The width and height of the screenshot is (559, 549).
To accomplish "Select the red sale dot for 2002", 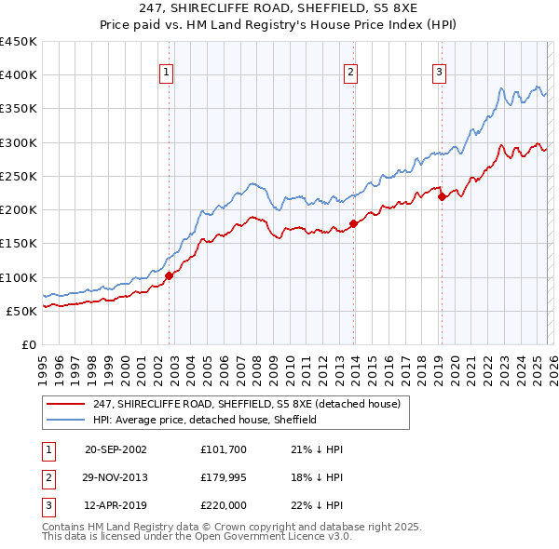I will pos(169,275).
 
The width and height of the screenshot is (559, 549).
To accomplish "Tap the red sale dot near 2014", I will pos(354,223).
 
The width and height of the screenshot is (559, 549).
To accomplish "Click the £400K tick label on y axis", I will pos(19,75).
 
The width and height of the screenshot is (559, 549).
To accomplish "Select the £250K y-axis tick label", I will pos(19,177).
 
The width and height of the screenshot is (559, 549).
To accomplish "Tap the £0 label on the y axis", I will pos(29,345).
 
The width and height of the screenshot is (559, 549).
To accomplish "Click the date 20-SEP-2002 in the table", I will pos(116,449).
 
